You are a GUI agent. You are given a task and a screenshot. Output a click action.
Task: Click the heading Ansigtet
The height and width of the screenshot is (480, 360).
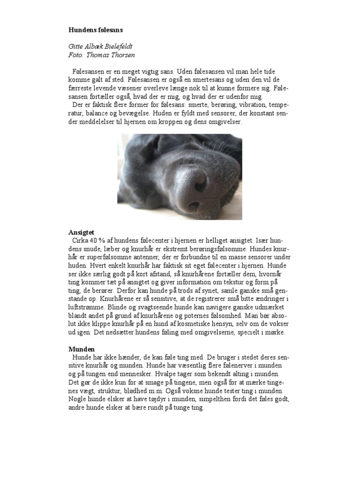click(x=82, y=232)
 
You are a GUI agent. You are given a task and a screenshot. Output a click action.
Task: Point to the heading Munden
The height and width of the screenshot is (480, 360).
click(x=82, y=349)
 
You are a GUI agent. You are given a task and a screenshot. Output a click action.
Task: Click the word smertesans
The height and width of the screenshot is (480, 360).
click(x=197, y=80)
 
